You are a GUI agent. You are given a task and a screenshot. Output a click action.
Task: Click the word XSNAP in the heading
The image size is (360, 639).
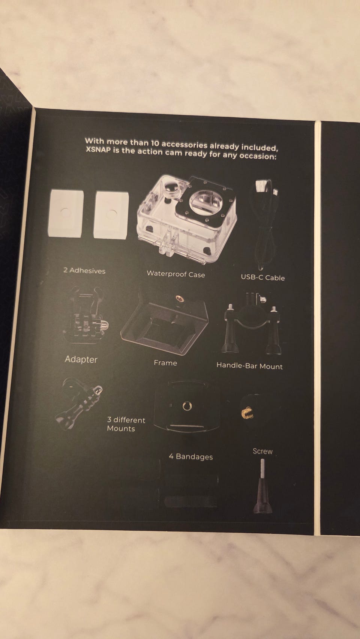tap(98, 150)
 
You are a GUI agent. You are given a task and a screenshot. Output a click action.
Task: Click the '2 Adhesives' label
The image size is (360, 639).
tap(84, 271)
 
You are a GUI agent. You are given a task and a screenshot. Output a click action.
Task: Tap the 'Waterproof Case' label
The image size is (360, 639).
tap(176, 274)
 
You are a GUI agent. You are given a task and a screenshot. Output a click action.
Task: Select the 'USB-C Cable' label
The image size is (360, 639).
tap(262, 277)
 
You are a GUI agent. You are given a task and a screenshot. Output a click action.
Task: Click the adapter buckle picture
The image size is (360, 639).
tap(85, 315)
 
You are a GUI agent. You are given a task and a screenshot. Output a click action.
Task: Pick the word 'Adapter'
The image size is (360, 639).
tap(81, 359)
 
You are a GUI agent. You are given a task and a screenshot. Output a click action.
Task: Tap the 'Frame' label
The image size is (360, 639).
tap(165, 363)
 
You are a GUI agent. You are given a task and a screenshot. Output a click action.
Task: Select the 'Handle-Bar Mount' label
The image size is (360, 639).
tap(249, 366)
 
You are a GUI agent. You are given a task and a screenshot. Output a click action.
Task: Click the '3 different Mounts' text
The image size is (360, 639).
tap(126, 424)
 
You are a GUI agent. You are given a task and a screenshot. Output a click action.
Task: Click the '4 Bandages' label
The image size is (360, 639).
tap(191, 456)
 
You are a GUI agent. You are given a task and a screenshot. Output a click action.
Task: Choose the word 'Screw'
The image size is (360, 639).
tap(262, 451)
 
